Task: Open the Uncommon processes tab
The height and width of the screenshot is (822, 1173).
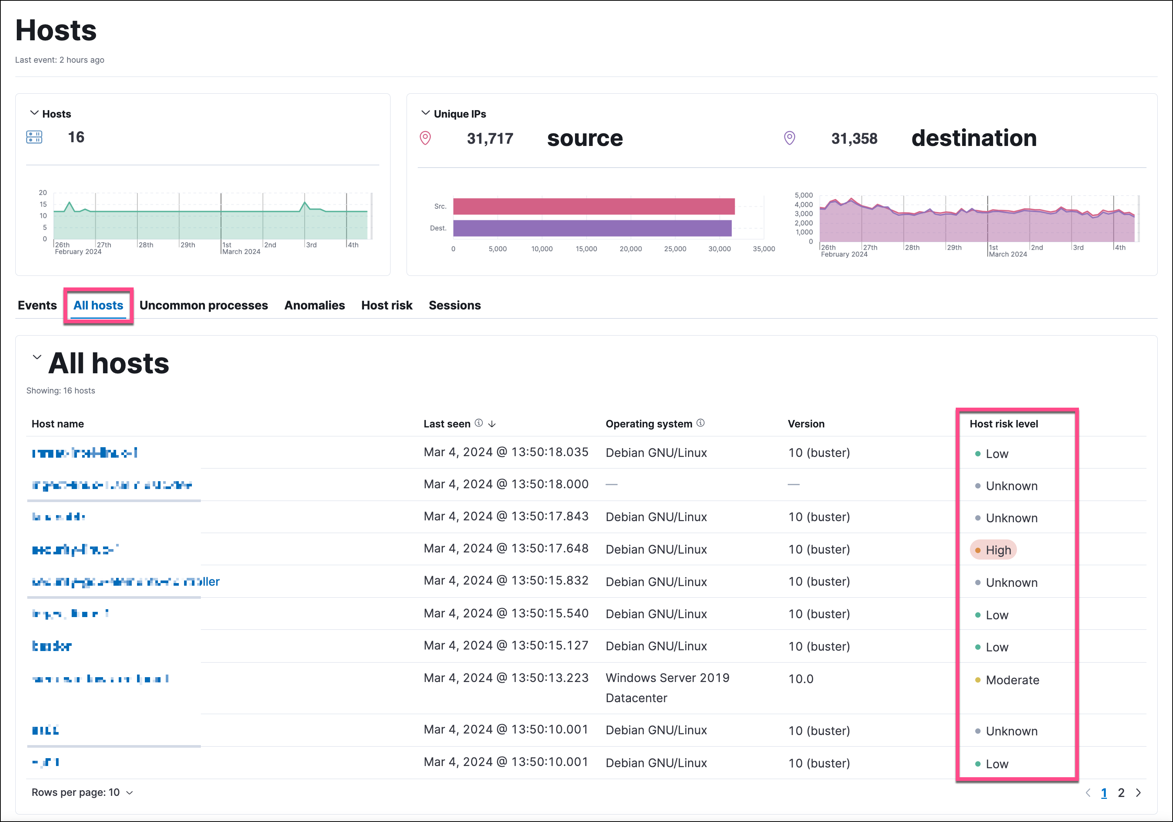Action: coord(203,305)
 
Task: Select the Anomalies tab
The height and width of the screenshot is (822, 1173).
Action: coord(314,305)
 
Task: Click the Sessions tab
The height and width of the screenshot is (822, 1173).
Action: coord(454,305)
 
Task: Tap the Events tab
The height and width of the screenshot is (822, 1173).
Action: coord(37,305)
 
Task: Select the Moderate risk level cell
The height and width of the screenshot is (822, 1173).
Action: coord(1012,680)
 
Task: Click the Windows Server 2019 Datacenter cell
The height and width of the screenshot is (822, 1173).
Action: coord(667,687)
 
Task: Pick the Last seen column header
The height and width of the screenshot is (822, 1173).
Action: coord(447,424)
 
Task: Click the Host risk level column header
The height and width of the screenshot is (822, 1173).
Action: coord(1004,424)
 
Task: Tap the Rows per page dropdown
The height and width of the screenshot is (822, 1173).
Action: coord(82,793)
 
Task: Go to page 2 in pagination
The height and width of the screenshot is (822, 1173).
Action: coord(1121,793)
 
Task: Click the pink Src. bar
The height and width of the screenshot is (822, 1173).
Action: coord(593,206)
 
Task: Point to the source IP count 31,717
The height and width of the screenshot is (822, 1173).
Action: coord(489,138)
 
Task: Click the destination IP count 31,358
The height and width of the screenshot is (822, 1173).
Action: coord(854,138)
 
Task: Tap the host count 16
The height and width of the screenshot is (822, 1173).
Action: coord(76,137)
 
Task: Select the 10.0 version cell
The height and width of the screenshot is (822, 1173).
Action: coord(800,679)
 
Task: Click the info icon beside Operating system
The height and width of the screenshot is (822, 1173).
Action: coord(700,423)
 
